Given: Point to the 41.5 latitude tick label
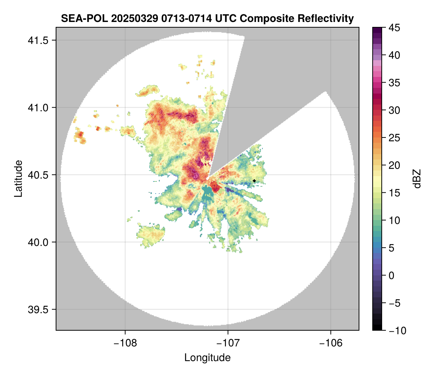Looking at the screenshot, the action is point(38,41).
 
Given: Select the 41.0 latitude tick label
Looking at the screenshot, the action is point(38,108).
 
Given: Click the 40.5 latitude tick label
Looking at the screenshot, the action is point(38,175).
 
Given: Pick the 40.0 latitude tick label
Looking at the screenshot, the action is point(38,242).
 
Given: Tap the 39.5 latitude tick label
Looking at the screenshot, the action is point(38,309).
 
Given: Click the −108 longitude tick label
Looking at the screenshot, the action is point(125,343).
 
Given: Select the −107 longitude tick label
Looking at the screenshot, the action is point(228,343).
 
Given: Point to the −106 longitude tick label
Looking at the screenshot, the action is point(331,343).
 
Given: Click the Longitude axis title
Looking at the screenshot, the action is point(208,358).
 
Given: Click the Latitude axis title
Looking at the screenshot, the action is point(19,178).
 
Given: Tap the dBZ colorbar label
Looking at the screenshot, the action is point(417,179).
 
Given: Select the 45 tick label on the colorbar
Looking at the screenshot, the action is point(394,28).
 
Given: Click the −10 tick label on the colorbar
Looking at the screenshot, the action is point(398,330).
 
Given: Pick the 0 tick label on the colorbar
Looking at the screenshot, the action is point(391,275).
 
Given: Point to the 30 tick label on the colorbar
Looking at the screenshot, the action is point(394,111).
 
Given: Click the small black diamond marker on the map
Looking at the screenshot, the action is point(254,181).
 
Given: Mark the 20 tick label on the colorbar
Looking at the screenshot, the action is point(394,166).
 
